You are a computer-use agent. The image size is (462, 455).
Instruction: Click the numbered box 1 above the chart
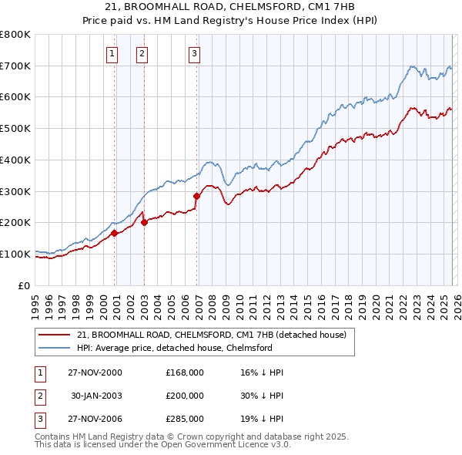pos(112,53)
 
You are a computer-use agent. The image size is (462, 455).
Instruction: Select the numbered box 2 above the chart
pos(142,53)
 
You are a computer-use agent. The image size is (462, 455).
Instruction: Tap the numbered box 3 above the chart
pos(194,53)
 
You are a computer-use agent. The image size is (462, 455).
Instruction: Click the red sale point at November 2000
pos(114,232)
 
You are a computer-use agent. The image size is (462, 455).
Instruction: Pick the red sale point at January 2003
pos(144,222)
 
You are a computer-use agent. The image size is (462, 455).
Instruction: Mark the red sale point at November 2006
pos(196,196)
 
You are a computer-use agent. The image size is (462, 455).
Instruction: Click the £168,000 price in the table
pos(184,372)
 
